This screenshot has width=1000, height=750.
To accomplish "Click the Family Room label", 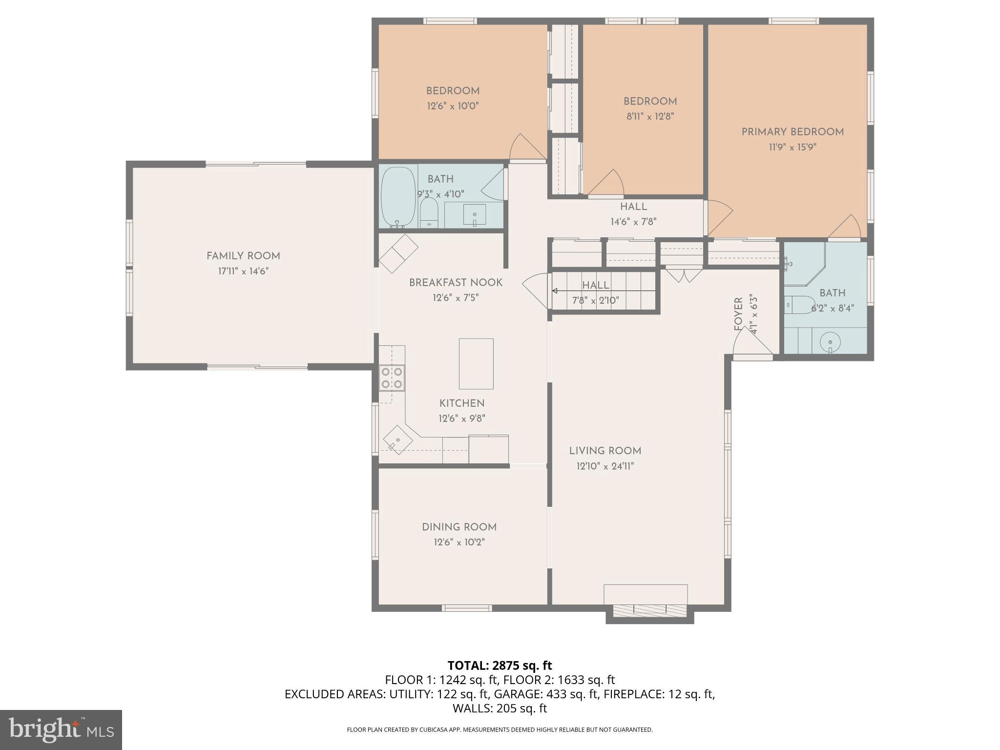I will tap(243, 256).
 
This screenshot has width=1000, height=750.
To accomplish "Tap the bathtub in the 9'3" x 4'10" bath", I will tap(396, 197).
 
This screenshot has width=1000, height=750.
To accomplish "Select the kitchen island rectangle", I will tap(476, 364).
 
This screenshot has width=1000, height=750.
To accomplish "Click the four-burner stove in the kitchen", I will tap(392, 378).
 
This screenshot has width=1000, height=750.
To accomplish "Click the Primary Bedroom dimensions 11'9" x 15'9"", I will tap(792, 147).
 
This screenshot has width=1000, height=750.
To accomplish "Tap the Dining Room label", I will tap(459, 527).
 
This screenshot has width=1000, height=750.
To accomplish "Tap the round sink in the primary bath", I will tap(830, 341).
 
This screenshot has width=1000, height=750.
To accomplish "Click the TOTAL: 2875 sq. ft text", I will tap(500, 666).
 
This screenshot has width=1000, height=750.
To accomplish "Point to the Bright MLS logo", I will tap(61, 730).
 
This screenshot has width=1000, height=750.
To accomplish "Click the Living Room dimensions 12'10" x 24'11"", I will tap(605, 466).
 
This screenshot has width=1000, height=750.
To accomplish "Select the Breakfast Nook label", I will tap(456, 283).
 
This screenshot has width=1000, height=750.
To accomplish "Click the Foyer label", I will tap(738, 314).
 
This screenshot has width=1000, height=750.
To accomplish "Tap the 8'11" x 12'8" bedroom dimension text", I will tap(650, 117).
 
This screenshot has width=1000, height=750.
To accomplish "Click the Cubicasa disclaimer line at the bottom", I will tap(500, 729).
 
